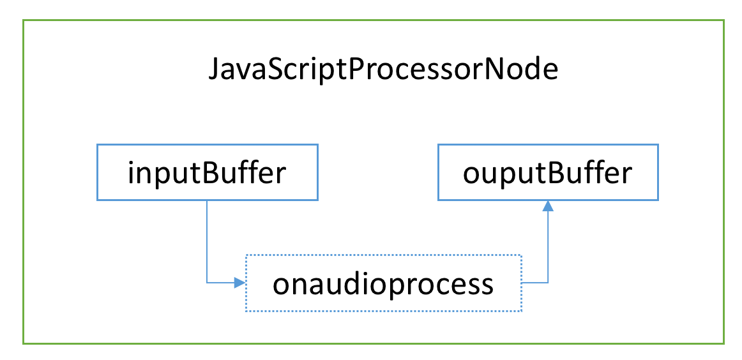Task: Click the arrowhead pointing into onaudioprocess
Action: coord(240,283)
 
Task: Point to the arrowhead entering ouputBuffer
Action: coord(548,206)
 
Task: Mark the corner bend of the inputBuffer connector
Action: coord(208,283)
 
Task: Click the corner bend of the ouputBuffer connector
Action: coord(548,283)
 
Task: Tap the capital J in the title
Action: coord(215,70)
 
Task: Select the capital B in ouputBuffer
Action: coord(557,173)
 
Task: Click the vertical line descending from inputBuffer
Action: coord(208,242)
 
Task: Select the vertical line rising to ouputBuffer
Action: coord(548,247)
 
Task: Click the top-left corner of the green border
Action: coord(23,20)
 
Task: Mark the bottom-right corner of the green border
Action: coord(724,343)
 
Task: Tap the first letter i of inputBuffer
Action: coord(131,173)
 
